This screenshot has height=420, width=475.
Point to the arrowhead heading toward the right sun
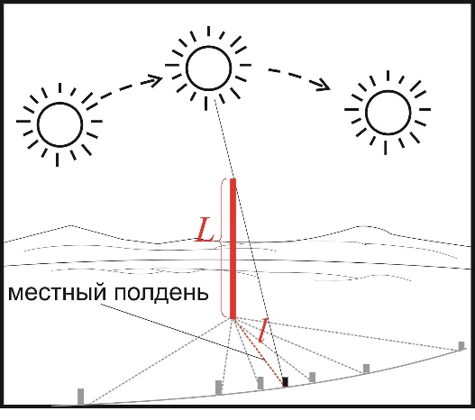tap(324, 86)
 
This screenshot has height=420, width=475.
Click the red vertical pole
tap(233, 249)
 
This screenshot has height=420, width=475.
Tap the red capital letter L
tap(205, 230)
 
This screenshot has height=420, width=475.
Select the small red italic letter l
tap(263, 331)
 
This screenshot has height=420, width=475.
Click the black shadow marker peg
tap(285, 381)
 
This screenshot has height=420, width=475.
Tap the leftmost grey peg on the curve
tap(80, 397)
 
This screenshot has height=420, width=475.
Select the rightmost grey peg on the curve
tap(461, 346)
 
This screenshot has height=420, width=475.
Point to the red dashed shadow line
tap(260, 352)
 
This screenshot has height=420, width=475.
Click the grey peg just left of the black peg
tap(260, 383)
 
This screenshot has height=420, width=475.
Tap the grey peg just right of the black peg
tap(312, 378)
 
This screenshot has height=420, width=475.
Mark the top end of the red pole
tap(233, 178)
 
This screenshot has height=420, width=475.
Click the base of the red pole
tap(233, 318)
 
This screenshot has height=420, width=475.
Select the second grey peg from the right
tap(366, 369)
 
